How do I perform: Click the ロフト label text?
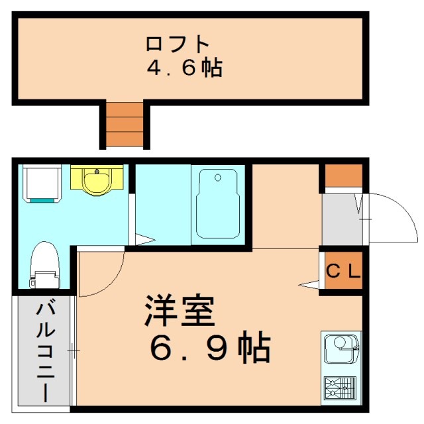[x=177, y=44]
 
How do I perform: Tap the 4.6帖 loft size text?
[x=184, y=68]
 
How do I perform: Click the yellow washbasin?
[x=97, y=180]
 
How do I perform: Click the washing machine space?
[x=43, y=184]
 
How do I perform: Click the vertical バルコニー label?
[x=44, y=351]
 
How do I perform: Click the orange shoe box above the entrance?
[x=342, y=176]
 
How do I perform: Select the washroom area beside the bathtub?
[x=162, y=199]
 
